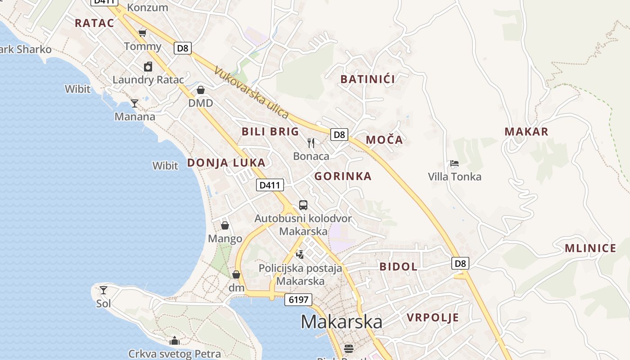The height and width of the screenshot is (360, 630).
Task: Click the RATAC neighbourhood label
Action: coord(94,23)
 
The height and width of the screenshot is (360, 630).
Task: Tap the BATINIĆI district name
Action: coord(368,80)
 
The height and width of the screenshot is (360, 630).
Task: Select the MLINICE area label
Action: coord(590,248)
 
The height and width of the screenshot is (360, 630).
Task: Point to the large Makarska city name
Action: coord(342,322)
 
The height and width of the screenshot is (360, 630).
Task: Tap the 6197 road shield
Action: coord(298,300)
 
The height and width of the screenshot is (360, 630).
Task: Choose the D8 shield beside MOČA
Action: coord(340,134)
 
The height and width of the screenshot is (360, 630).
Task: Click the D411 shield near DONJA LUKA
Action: coord(270,184)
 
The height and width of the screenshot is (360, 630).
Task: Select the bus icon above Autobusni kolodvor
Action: coord(303,205)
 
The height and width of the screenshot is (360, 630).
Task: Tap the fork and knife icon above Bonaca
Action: coord(311,143)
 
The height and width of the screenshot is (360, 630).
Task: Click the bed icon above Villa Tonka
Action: coord(454,163)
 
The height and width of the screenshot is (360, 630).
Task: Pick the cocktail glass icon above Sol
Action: coord(103,290)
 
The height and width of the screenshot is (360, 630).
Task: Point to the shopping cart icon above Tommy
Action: coord(143,33)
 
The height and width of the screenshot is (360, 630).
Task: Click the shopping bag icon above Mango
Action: coord(225,225)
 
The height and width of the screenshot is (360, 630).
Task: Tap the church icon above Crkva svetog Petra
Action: coord(175,341)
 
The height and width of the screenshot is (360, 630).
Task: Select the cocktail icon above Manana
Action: coord(135,103)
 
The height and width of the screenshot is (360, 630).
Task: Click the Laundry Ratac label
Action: coord(148,80)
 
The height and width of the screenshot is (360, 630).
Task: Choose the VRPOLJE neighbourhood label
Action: coord(433,318)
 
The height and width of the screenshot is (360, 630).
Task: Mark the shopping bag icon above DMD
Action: coord(201,90)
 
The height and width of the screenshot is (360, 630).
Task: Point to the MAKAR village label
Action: coord(526,132)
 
